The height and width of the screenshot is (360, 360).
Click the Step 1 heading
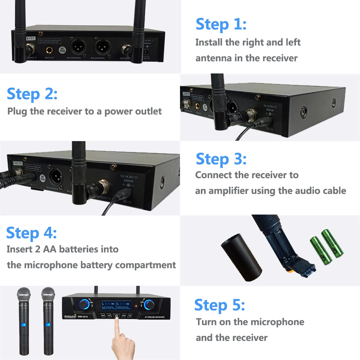pos(221,24)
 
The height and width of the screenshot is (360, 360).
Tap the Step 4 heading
pos(32,233)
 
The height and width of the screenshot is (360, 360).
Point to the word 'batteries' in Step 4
pos(80,249)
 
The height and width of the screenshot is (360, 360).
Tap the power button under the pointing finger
pos(117,316)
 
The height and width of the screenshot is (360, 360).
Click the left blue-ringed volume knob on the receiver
pos(84,304)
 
